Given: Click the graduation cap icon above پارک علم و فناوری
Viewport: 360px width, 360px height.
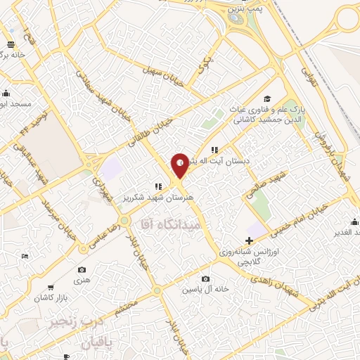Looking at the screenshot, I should click(266, 98).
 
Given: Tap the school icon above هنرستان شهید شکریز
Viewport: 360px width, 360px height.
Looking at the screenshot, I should click(158, 186).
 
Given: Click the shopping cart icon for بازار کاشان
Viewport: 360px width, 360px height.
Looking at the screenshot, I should click(51, 287).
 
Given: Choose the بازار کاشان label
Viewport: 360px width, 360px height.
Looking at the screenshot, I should click(48, 298).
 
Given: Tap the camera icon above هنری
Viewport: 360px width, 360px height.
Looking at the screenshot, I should click(82, 270).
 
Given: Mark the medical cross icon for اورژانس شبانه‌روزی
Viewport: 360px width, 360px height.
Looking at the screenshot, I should click(248, 240).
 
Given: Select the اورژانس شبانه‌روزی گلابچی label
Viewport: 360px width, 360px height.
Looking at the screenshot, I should click(253, 256).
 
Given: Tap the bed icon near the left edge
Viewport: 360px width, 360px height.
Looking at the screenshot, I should click(26, 256).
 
